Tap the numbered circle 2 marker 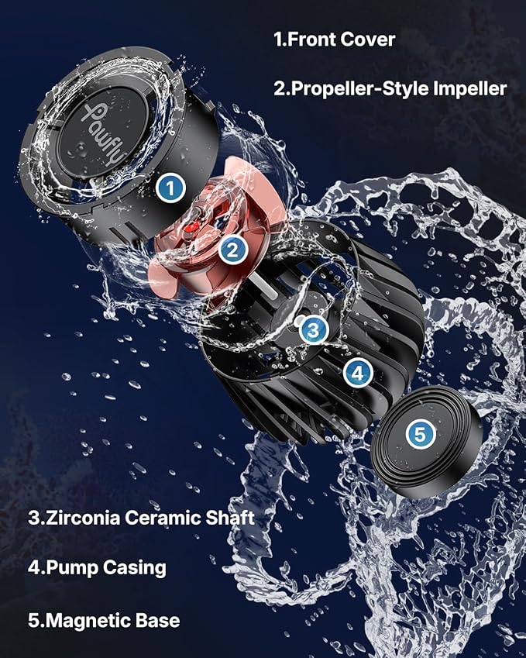click(x=232, y=249)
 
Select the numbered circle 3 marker click(x=312, y=330)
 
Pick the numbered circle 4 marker click(x=357, y=373)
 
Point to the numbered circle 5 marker click(x=419, y=435)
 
